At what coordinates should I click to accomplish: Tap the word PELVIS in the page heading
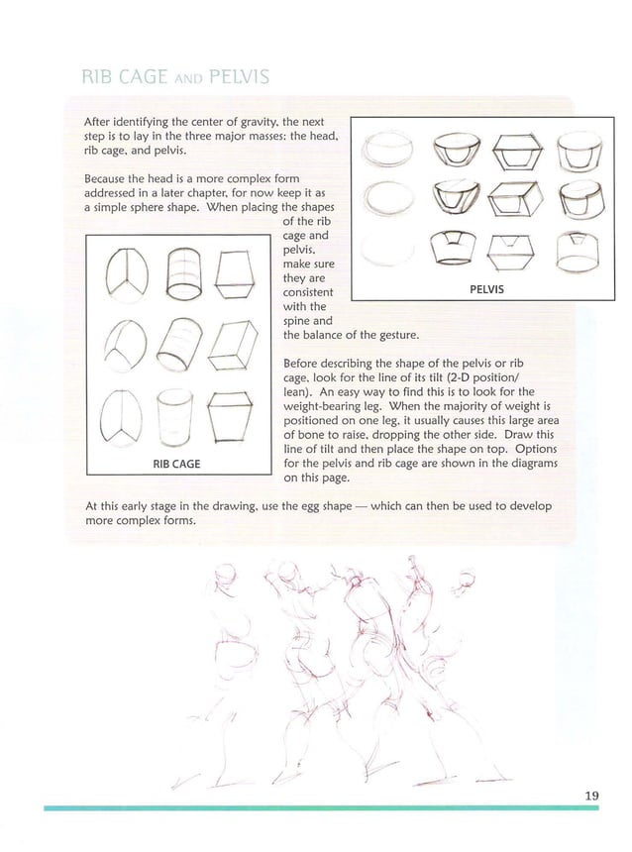231,77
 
